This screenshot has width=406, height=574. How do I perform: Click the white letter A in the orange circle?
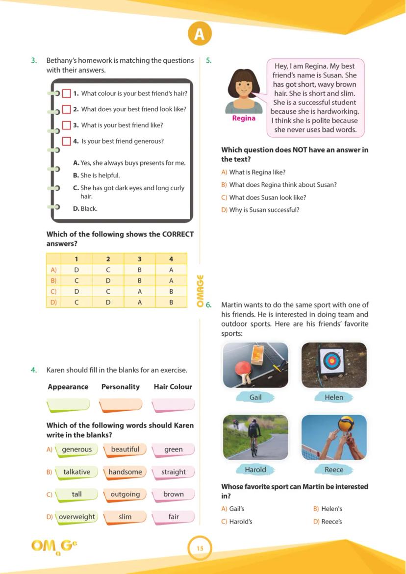(199, 34)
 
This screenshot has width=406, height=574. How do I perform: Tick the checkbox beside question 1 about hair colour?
(67, 93)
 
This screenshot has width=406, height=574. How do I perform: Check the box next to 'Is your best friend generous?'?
(67, 141)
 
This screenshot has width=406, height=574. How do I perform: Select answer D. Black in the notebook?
(85, 208)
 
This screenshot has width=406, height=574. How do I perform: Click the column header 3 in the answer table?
(140, 259)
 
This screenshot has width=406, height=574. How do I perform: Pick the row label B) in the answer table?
(53, 280)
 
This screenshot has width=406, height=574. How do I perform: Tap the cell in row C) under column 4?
(171, 291)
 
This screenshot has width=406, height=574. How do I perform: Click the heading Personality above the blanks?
(121, 387)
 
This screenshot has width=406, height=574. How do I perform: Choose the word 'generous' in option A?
(76, 449)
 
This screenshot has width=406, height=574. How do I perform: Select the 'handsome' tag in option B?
(125, 472)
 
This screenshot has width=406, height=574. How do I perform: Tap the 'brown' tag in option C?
(173, 494)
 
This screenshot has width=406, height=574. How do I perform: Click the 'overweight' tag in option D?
(76, 517)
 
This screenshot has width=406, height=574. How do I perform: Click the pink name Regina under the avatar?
(244, 119)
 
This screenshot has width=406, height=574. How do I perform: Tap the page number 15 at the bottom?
(200, 548)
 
